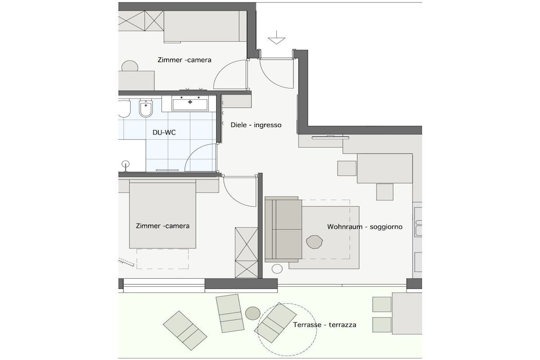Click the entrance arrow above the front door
(x=276, y=37)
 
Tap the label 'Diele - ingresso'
(x=256, y=125)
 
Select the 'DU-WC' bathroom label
(x=164, y=132)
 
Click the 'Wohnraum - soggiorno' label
(x=365, y=227)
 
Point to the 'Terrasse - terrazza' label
(x=325, y=325)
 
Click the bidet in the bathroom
(x=146, y=109)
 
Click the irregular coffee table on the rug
(x=314, y=241)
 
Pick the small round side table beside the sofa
(x=277, y=268)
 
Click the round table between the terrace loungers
(x=253, y=313)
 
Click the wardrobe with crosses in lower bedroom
(x=246, y=252)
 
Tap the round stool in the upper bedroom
(x=130, y=66)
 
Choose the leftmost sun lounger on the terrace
(x=185, y=330)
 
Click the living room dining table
(x=384, y=168)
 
